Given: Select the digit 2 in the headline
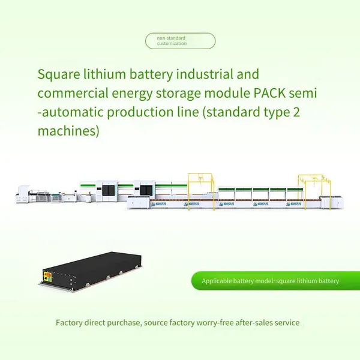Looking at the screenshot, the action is pyautogui.click(x=296, y=112).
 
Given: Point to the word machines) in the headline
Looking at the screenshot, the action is pyautogui.click(x=68, y=131).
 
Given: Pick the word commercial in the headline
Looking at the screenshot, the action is pyautogui.click(x=73, y=93).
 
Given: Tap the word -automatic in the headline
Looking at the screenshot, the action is pyautogui.click(x=70, y=112).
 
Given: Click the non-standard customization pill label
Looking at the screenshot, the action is pyautogui.click(x=180, y=41).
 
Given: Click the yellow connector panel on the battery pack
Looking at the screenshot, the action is pyautogui.click(x=47, y=276).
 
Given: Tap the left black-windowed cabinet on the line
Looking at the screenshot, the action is pyautogui.click(x=108, y=191).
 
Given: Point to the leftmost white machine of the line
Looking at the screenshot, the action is pyautogui.click(x=23, y=194).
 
